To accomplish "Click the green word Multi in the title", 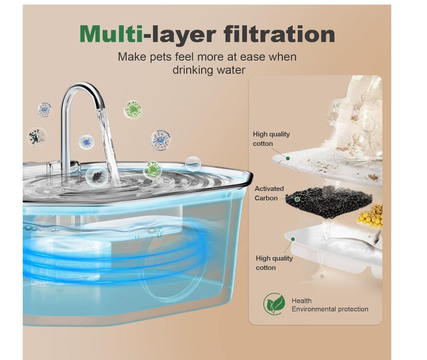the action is coord(111,34).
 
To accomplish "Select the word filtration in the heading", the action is coord(279,34).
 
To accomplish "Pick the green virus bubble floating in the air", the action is coord(133,110).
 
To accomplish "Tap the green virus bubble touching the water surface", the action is coord(153,170).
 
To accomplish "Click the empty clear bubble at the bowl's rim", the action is coord(193,164).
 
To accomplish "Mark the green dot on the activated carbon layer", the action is coord(297,199).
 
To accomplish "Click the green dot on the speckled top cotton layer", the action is coord(288,159).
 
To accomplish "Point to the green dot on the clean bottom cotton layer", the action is coord(293,239).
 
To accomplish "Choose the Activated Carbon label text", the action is coord(269,194).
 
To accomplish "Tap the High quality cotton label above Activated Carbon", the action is coord(271,139).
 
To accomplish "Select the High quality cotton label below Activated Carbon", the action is coord(274,263).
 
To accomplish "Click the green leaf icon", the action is coord(274,304).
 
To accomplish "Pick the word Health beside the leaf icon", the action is coord(301,301).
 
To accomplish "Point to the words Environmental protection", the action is coord(330,309).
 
